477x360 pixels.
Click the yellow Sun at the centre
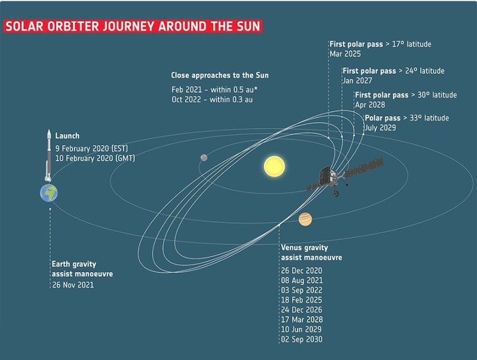[274, 166]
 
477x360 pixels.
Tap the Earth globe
[49, 193]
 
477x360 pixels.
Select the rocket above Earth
[48, 155]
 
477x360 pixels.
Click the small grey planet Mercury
[204, 157]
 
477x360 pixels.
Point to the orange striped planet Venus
[305, 219]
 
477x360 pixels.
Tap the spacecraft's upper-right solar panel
[364, 168]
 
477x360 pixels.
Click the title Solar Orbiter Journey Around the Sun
[133, 26]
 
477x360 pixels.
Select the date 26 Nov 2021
[73, 285]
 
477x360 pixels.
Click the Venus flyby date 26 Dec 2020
[302, 271]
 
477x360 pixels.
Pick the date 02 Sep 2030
[302, 339]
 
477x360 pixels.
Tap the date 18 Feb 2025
[302, 300]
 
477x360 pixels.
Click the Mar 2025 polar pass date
[345, 54]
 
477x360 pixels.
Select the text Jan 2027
[358, 80]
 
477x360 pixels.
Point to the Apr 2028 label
[370, 104]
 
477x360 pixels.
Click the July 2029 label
[380, 127]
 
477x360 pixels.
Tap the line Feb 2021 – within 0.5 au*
[214, 90]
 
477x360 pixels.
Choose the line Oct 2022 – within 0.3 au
[212, 100]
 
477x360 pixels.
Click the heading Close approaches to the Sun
[220, 76]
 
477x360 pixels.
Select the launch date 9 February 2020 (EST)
[91, 149]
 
